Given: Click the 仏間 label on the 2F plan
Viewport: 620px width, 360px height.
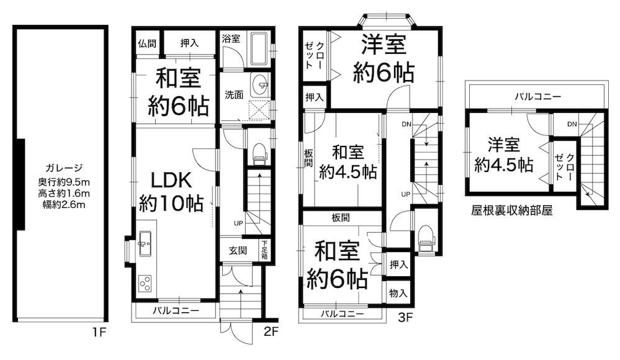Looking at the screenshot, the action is tap(147, 43).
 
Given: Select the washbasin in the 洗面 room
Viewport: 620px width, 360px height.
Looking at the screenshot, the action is tap(260, 84).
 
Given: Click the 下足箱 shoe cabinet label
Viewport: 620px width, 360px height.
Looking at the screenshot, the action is tap(264, 250).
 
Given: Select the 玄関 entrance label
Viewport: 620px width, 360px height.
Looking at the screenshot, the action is tap(238, 250).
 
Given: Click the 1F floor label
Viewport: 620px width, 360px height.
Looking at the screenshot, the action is tap(99, 331).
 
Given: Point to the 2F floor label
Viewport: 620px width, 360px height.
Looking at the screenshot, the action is tap(271, 331).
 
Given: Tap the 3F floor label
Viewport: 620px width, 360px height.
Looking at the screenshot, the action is tap(405, 317).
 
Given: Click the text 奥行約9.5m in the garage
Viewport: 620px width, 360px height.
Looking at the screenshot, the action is tap(64, 182).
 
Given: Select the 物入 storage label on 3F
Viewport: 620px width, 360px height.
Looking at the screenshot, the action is tap(398, 293).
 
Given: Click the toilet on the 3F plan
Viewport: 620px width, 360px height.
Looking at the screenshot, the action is tap(426, 237).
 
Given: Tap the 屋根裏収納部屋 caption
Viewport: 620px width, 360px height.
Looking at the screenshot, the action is tap(511, 210).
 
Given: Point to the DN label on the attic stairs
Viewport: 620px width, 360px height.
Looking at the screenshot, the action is tap(572, 124).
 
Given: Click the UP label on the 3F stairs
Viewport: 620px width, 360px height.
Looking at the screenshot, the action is tap(406, 194).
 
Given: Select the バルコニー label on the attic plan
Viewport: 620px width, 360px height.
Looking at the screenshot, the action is tap(537, 97).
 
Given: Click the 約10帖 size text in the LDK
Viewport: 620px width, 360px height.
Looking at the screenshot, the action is tap(171, 204).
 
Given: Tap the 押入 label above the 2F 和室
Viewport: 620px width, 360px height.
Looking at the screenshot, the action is tap(189, 43).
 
